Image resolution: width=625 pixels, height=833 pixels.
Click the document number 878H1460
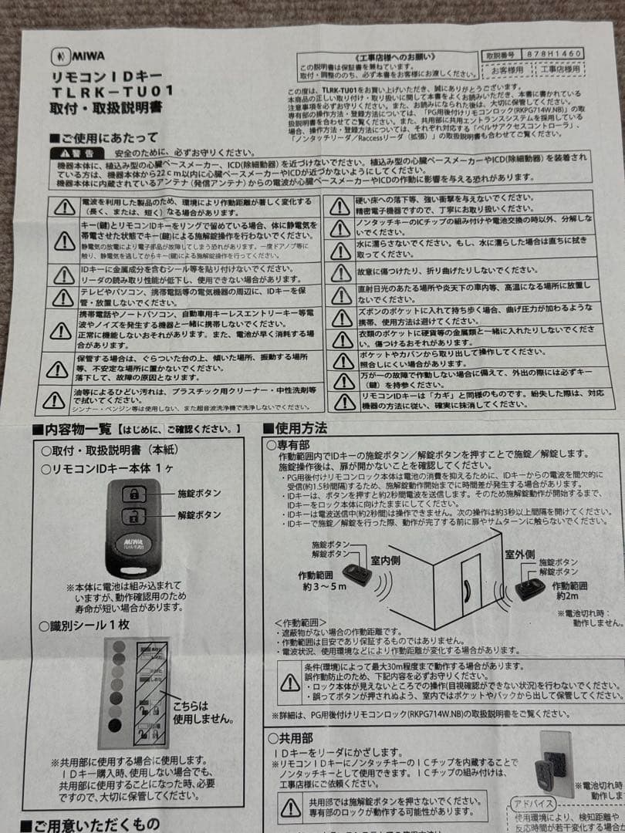point(551,54)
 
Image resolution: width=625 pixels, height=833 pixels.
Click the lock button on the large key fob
point(132,494)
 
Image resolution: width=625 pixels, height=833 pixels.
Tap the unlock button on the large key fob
point(132,516)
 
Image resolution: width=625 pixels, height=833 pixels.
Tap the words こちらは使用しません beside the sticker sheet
point(202,711)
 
